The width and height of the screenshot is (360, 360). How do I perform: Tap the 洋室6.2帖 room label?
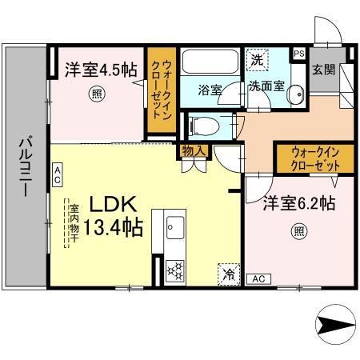click(x=289, y=205)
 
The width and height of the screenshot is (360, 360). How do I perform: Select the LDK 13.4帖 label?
click(x=110, y=216)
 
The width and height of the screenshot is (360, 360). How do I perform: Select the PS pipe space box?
click(x=299, y=54)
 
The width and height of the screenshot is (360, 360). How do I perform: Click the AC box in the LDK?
click(x=58, y=170)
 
